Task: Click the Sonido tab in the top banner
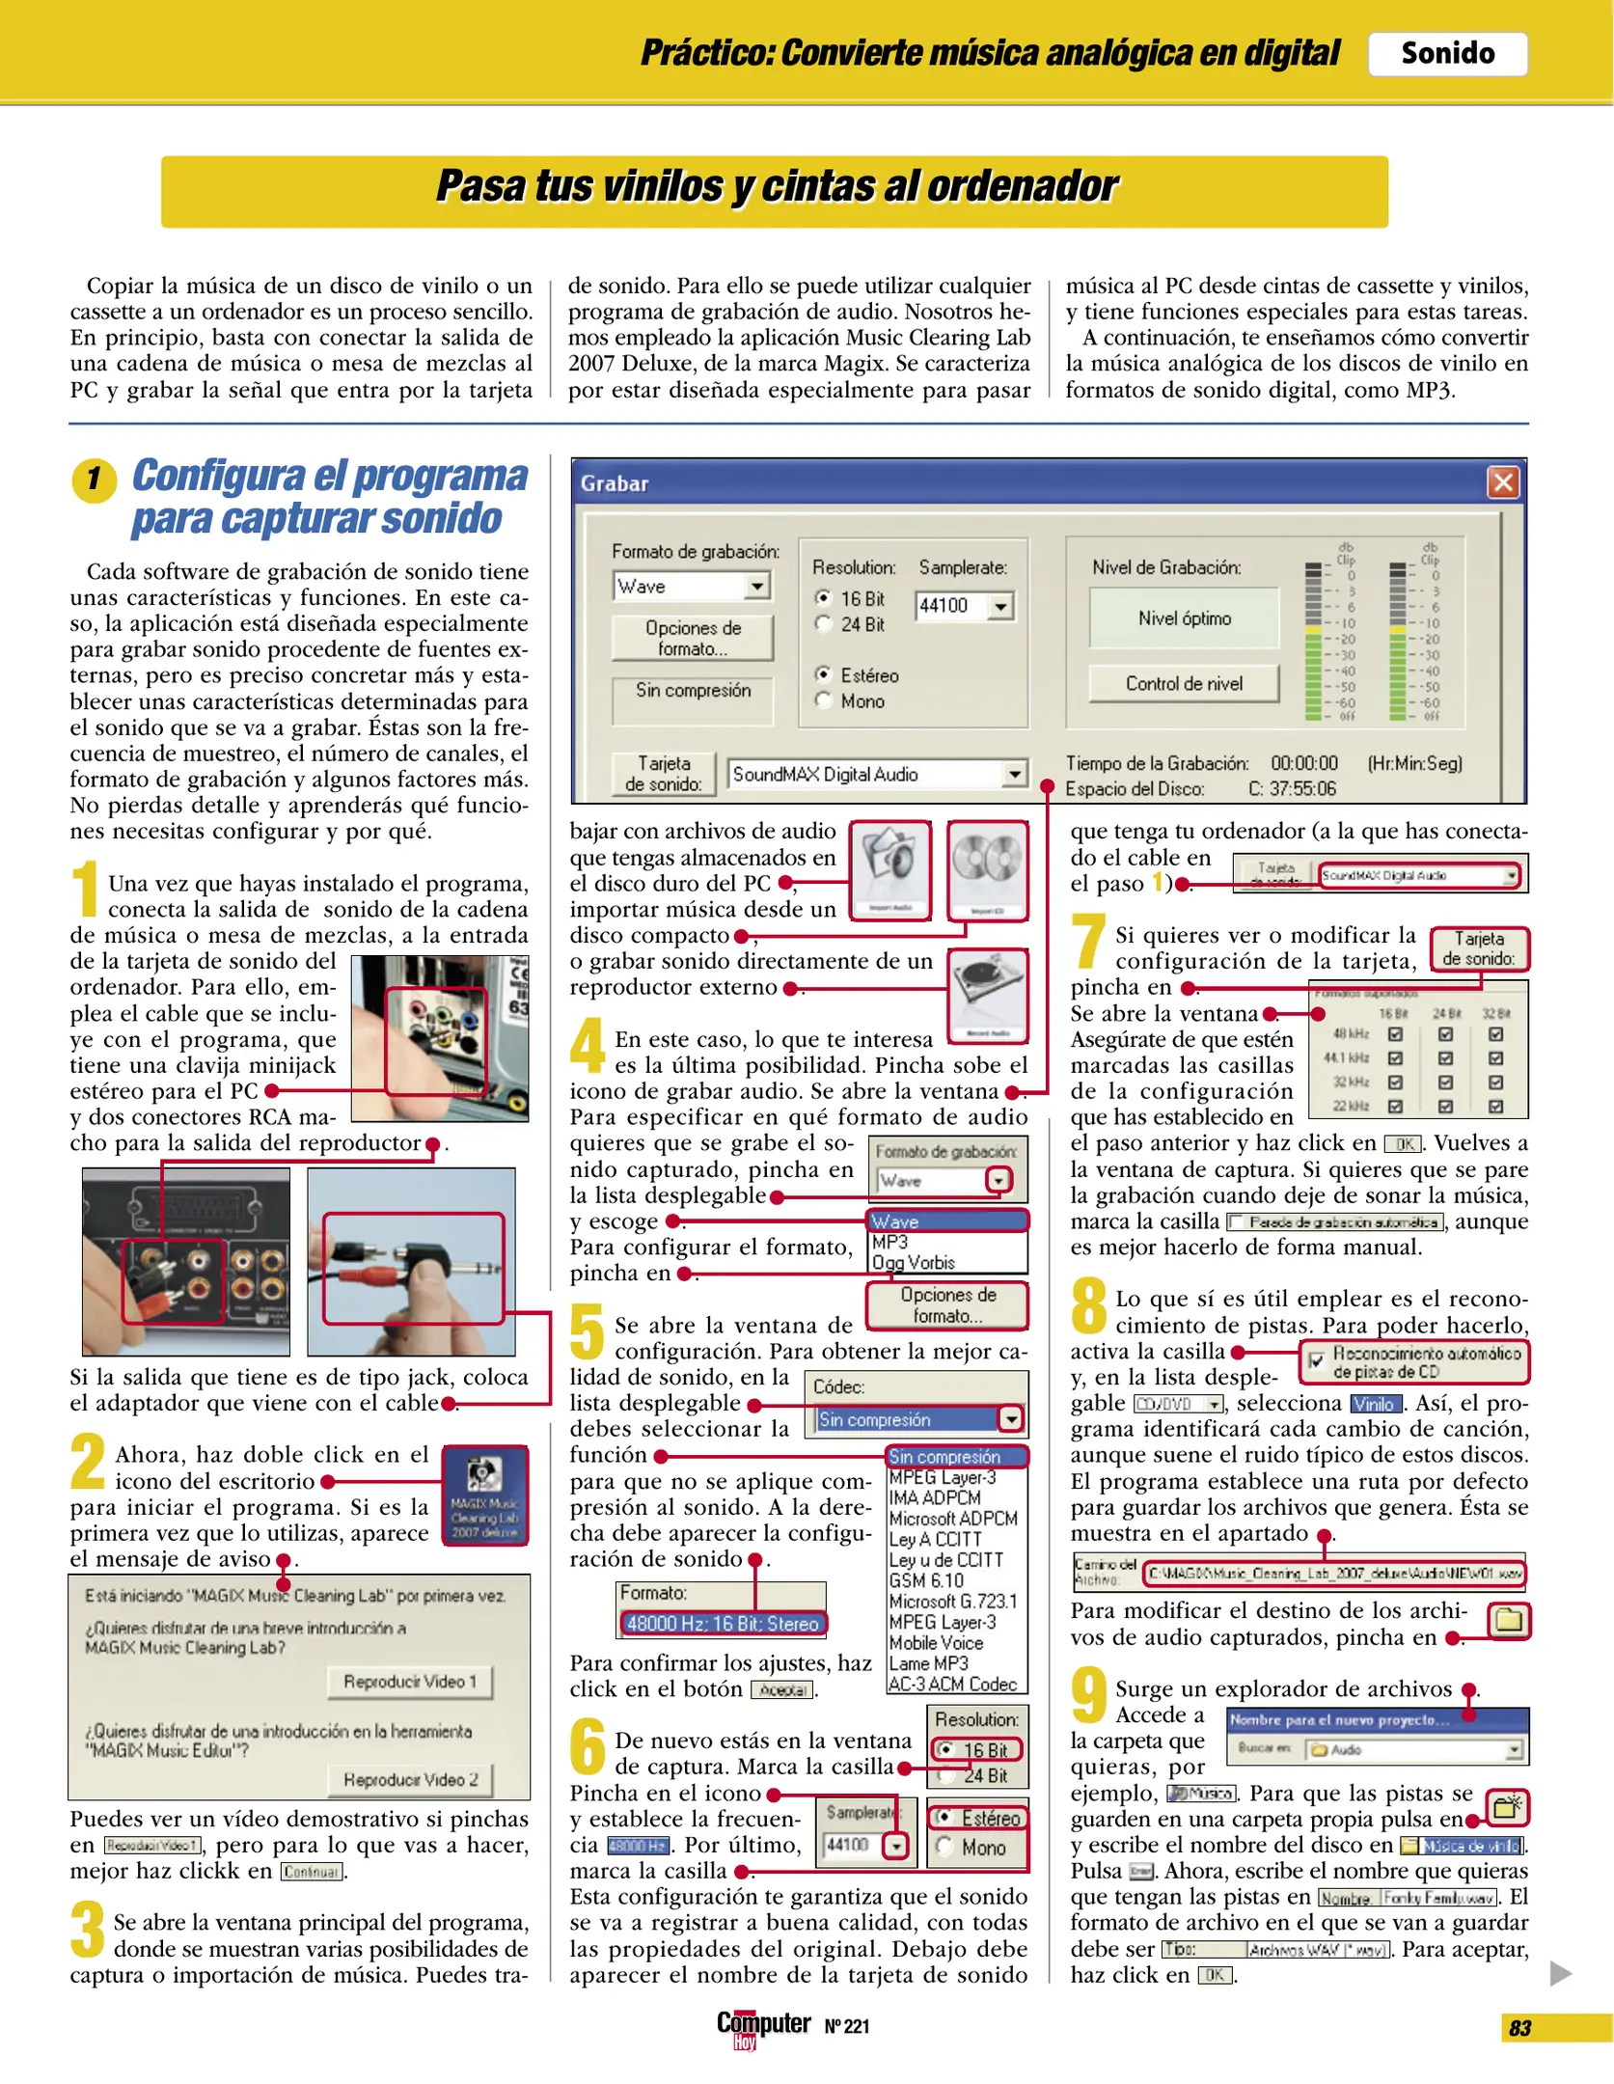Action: pos(1446,53)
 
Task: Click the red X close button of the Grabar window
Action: pos(1502,481)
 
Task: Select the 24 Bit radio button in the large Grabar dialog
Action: pos(823,624)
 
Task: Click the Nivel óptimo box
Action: pos(1184,618)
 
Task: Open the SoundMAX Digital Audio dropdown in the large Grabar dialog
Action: pos(1014,774)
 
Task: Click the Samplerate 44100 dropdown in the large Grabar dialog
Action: pos(1001,606)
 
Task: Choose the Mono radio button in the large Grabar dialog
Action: pos(823,701)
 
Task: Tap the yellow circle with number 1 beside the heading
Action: pos(94,479)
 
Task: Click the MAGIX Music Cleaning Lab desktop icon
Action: pos(484,1494)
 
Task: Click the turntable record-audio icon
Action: pos(987,994)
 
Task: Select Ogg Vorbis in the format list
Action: pos(913,1262)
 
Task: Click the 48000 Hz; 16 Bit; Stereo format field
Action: pos(723,1623)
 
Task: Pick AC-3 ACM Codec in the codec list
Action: pos(952,1684)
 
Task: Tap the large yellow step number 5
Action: pos(587,1330)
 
